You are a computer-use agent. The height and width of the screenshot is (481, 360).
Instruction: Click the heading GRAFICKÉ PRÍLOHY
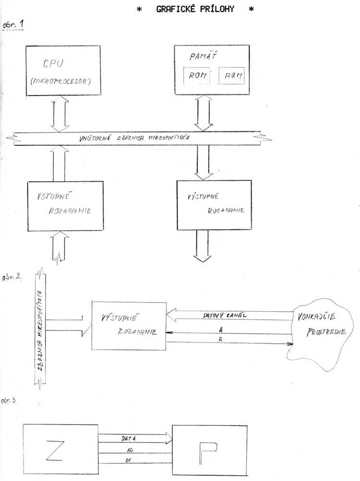[x=195, y=9]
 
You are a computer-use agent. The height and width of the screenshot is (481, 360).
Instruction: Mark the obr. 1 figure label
[x=13, y=24]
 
